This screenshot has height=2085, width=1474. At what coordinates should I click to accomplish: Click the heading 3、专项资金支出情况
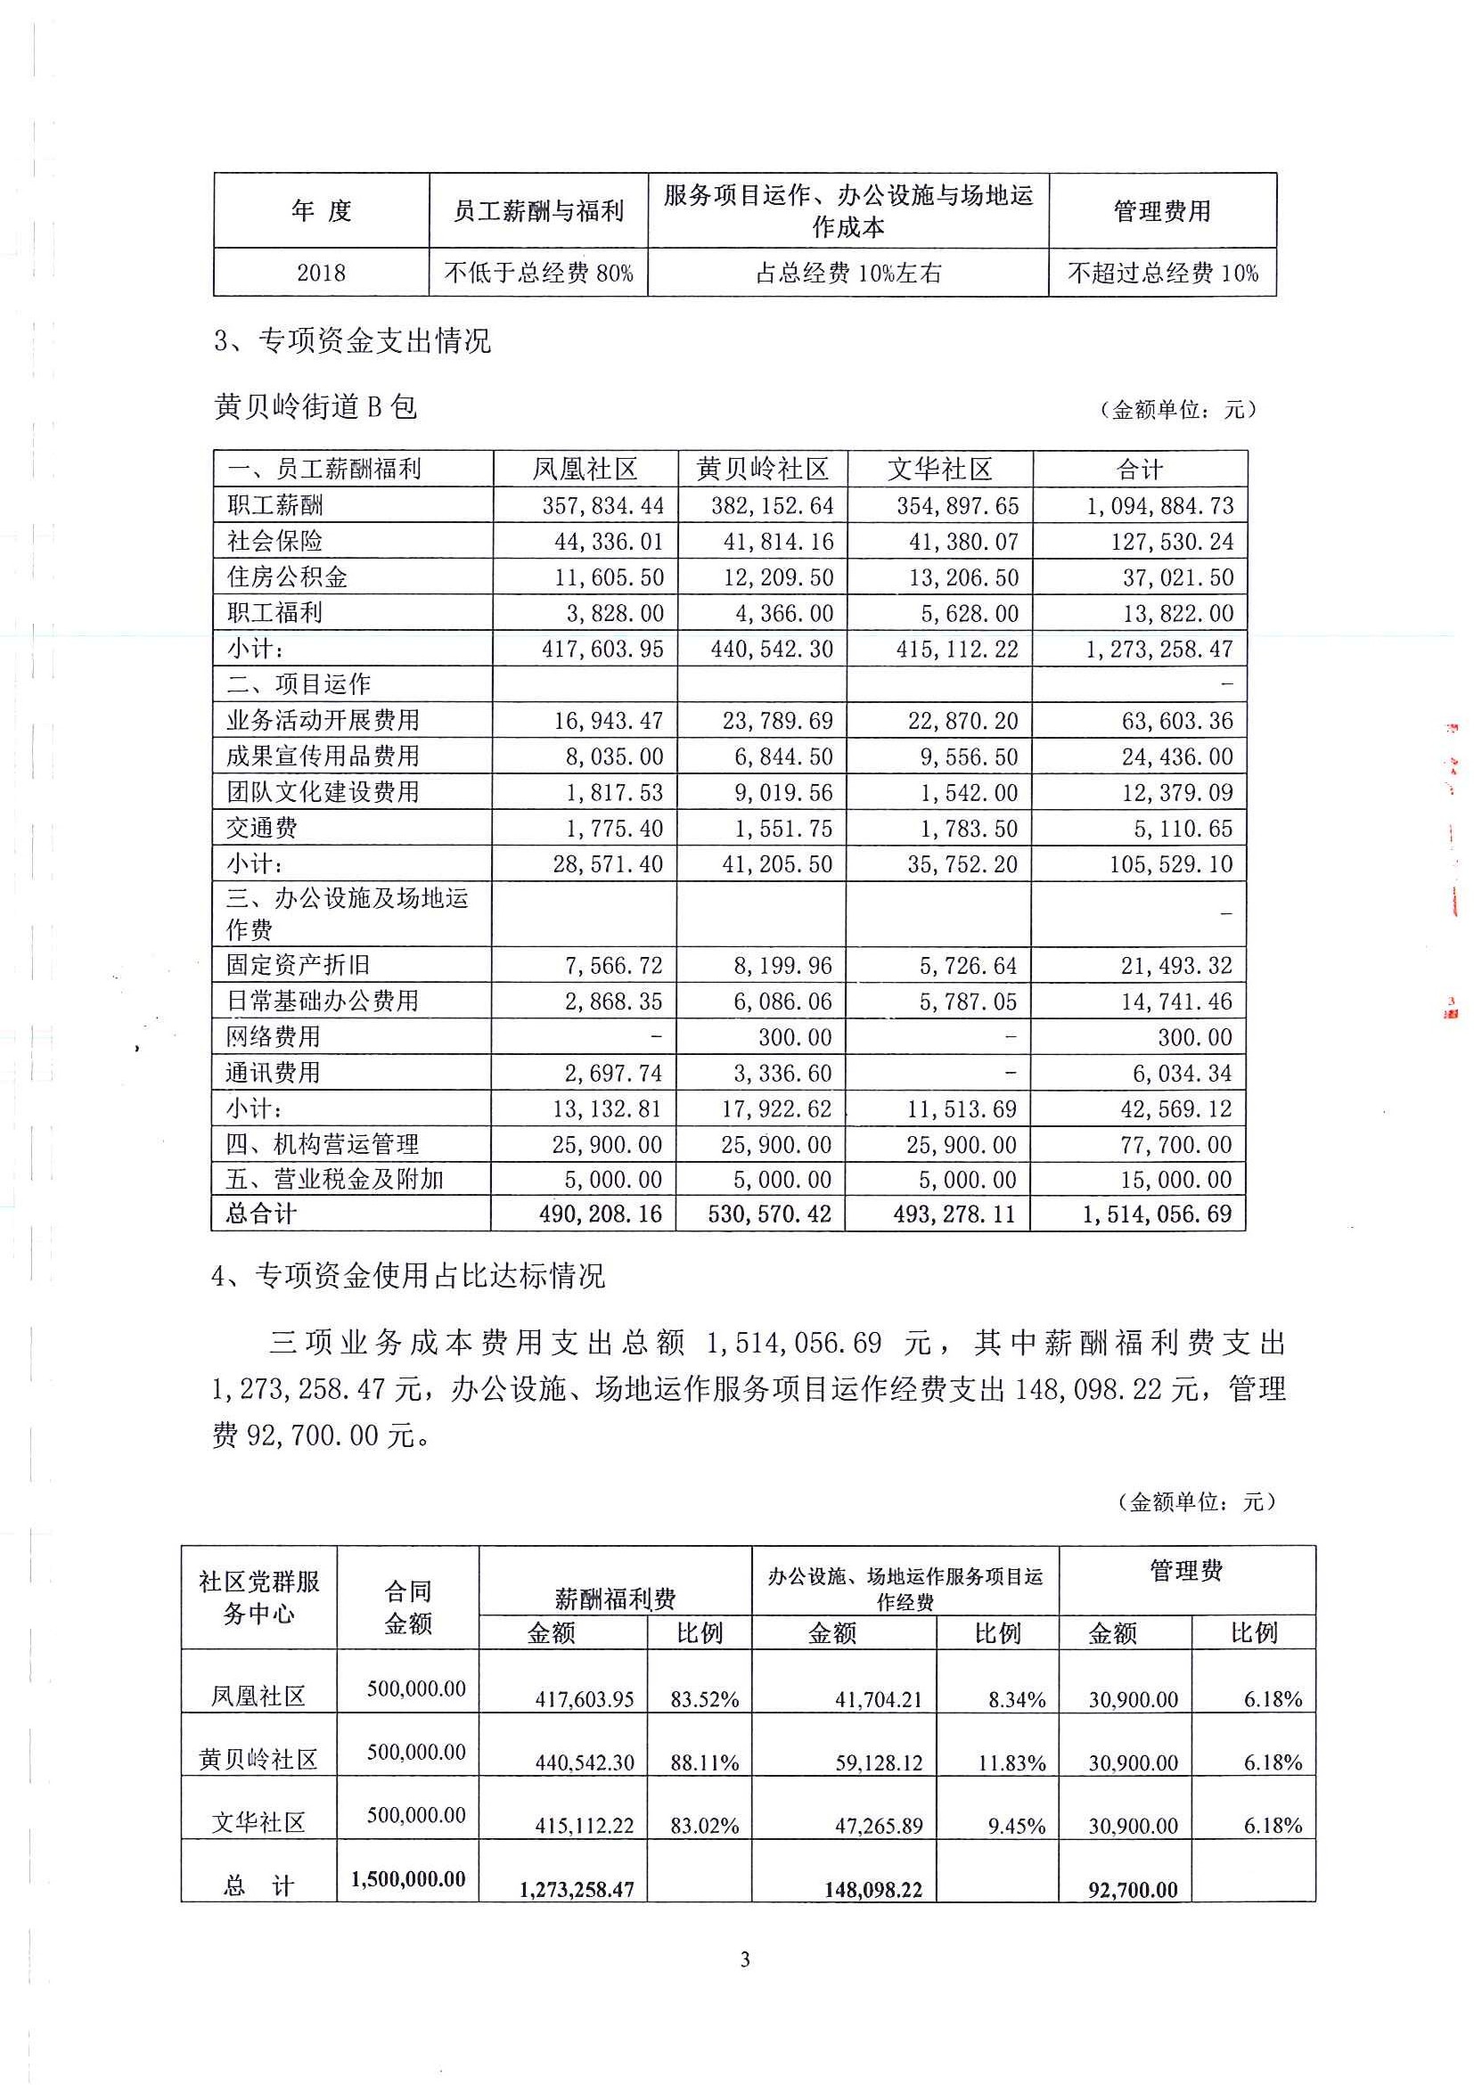click(x=352, y=340)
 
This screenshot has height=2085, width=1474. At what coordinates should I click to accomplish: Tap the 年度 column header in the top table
click(x=321, y=210)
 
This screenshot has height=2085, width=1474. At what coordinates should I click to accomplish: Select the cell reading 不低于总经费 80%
click(x=538, y=273)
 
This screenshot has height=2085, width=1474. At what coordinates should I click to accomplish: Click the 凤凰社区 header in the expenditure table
click(x=585, y=470)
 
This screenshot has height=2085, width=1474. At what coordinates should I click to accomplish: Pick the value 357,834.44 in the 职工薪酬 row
click(x=603, y=506)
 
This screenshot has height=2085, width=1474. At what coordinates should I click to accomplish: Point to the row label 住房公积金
click(x=287, y=576)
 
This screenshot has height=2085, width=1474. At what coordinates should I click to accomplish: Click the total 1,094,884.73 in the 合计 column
click(x=1159, y=506)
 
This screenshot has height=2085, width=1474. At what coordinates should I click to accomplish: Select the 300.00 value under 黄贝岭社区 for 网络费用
click(x=795, y=1037)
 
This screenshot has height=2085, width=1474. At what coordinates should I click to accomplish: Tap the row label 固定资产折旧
click(x=298, y=965)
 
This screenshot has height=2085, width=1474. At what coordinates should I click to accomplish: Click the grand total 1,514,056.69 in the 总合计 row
click(x=1157, y=1214)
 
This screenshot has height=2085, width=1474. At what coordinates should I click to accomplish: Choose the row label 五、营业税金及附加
click(x=335, y=1180)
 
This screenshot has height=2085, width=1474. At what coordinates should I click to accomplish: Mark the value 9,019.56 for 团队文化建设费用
click(x=782, y=793)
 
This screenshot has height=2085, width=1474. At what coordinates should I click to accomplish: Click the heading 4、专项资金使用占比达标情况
click(x=408, y=1276)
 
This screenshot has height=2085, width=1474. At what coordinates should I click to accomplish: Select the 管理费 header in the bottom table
click(x=1186, y=1571)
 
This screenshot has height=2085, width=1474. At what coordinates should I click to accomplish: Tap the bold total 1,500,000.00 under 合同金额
click(x=408, y=1879)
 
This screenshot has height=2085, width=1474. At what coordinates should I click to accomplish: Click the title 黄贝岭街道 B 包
click(x=315, y=407)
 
